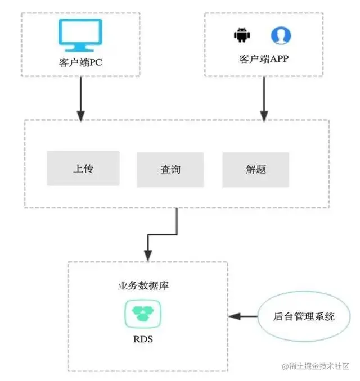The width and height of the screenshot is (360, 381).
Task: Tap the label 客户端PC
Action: coord(81,61)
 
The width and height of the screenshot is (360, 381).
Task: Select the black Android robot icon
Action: coord(241,35)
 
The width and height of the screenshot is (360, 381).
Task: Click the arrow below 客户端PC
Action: coord(81,98)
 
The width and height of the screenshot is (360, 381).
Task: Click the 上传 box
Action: coord(83,168)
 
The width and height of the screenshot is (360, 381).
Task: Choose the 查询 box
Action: coord(169,169)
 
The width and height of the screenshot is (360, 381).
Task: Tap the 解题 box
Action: coord(255,169)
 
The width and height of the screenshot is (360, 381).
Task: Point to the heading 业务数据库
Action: coord(143,286)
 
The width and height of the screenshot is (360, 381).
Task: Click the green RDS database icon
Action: coord(143,312)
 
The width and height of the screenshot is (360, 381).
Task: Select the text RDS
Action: coord(143,339)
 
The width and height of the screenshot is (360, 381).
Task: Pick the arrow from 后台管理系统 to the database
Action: coord(243,316)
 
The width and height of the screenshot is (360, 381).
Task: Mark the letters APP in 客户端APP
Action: coord(280,58)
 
